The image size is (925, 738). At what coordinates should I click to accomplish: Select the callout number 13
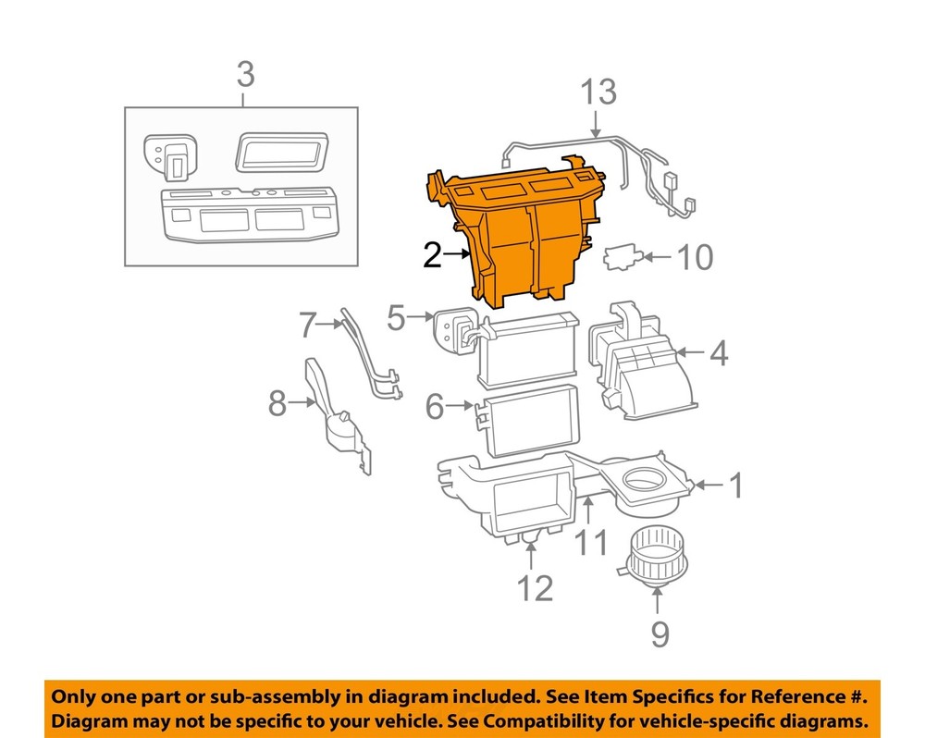(x=598, y=93)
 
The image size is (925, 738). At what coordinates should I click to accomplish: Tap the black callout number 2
(x=433, y=254)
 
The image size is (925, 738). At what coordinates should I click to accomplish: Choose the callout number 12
(x=535, y=586)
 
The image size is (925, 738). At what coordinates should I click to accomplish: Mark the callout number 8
(x=277, y=403)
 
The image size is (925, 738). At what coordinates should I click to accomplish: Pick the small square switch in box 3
(x=166, y=157)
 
